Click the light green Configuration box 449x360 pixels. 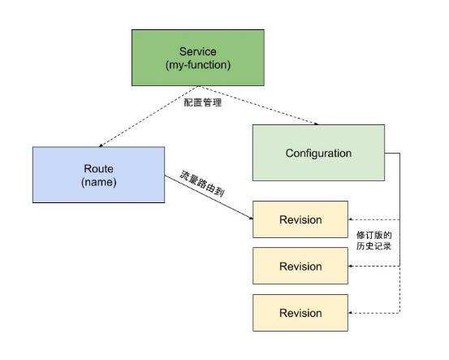(x=318, y=153)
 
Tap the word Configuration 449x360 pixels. (x=318, y=153)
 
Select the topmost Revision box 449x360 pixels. (x=300, y=219)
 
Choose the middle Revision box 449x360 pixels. (x=300, y=267)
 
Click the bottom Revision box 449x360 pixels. (x=300, y=313)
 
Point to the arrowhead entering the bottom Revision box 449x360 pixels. (x=352, y=313)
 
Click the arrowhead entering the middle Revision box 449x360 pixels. (x=352, y=267)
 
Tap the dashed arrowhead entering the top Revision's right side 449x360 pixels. (x=352, y=219)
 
